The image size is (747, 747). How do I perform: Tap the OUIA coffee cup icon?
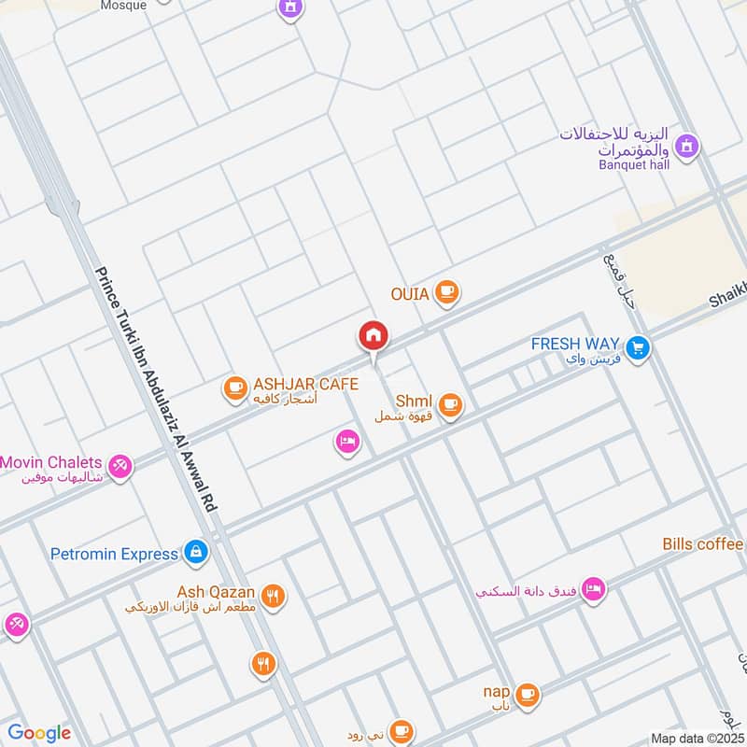coord(448,293)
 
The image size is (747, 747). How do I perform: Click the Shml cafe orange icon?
coord(451,404)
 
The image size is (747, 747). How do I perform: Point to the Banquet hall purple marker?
coord(688,147)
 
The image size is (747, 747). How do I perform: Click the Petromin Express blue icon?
coord(195,553)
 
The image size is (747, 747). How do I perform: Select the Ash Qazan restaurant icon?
coord(273,596)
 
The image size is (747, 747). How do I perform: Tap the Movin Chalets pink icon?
coord(120,464)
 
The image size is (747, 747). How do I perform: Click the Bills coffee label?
coord(702,544)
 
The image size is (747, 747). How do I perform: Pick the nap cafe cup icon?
coord(527,693)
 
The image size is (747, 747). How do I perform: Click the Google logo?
coord(38,733)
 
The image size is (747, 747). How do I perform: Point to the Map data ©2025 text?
coord(697,738)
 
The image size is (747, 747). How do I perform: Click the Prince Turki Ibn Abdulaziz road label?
coord(156,388)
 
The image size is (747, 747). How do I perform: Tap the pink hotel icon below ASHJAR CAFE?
coord(347,443)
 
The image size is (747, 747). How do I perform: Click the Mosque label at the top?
coord(122,5)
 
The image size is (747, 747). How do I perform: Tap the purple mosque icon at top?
coord(291,8)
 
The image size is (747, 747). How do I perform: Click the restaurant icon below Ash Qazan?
coord(263,664)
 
